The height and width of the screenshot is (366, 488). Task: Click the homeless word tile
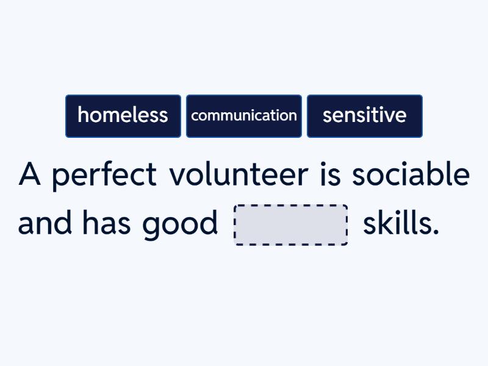coord(123,116)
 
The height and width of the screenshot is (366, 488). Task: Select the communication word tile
coord(244,116)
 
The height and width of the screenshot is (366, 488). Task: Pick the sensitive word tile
coord(364,116)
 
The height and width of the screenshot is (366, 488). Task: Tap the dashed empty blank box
coord(291,225)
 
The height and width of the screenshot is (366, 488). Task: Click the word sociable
coord(411,175)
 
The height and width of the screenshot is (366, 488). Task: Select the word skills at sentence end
coord(400,224)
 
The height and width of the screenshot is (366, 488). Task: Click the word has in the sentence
coord(106,224)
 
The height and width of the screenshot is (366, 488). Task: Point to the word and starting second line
coord(44,224)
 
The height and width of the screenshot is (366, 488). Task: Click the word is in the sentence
coord(329,175)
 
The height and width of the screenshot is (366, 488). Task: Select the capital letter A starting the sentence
coord(29,175)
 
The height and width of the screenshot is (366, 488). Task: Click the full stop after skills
coord(436,233)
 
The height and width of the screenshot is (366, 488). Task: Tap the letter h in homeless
coord(82,115)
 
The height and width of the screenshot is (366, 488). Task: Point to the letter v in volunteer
coord(178,177)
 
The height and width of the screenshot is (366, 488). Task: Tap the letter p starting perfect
coord(59,178)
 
